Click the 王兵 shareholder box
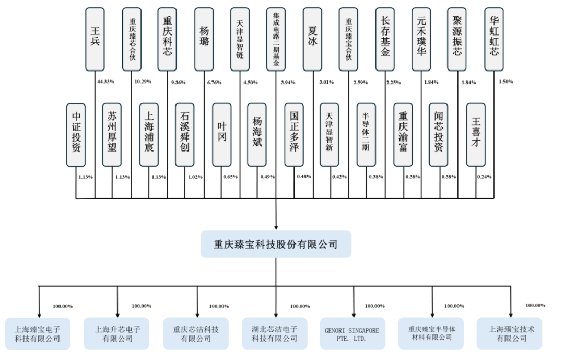point(95,40)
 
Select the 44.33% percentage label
point(105,82)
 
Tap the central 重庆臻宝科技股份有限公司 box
point(275,244)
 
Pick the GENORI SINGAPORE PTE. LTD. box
point(352,334)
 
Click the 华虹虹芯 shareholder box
point(494,40)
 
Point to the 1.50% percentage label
point(506,82)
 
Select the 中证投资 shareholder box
point(76,135)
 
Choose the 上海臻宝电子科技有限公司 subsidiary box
point(39,334)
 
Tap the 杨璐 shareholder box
point(204,40)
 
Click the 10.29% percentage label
point(142,82)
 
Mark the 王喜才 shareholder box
point(476,135)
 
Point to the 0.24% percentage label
point(484,177)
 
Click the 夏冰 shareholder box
point(312,40)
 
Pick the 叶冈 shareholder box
point(221,135)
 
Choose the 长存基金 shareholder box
point(385,40)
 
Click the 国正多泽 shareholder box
point(294,135)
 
